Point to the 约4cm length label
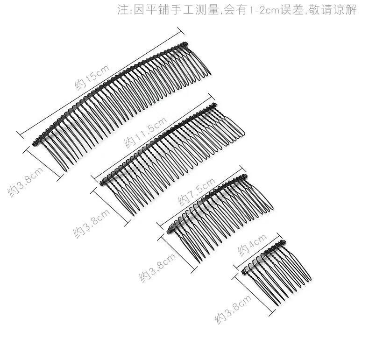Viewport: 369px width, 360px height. click(252, 244)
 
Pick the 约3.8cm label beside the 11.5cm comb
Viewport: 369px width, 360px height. click(92, 223)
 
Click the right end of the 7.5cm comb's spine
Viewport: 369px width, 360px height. click(245, 176)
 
